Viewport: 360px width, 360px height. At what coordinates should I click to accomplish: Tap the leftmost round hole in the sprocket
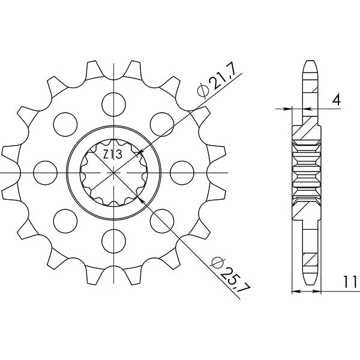44,172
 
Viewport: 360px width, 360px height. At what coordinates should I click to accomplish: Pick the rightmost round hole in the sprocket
182,172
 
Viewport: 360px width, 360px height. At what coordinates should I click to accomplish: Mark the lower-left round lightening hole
64,221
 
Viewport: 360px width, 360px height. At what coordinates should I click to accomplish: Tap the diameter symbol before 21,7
203,91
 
